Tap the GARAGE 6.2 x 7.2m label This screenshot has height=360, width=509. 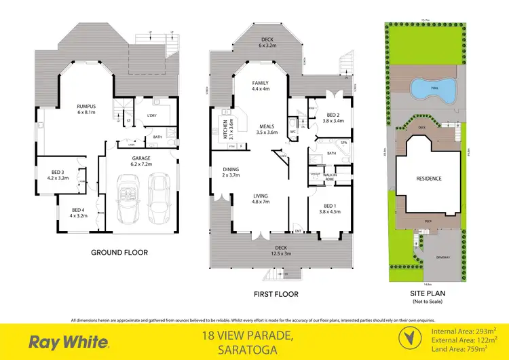(141, 161)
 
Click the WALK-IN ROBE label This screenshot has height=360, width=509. (330, 177)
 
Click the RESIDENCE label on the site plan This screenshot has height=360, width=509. (428, 179)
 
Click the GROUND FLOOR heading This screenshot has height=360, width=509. (119, 252)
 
